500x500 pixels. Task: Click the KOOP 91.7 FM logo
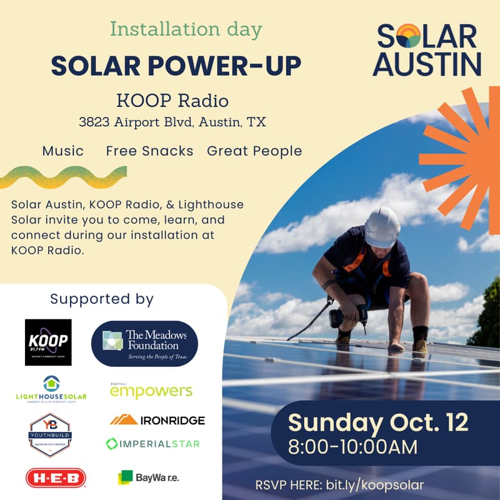tap(48, 342)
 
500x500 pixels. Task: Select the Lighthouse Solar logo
tap(51, 389)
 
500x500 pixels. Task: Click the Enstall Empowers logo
tap(151, 391)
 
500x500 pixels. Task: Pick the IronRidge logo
tap(157, 420)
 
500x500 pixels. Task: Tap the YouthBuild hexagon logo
tap(50, 434)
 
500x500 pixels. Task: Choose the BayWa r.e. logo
tap(149, 477)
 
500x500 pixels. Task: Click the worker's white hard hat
tap(382, 227)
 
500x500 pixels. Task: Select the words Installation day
tap(186, 29)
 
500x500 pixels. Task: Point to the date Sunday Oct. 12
tap(378, 422)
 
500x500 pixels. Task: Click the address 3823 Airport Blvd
tap(172, 122)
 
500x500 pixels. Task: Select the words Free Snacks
tap(149, 151)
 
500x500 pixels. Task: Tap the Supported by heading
tap(102, 299)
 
